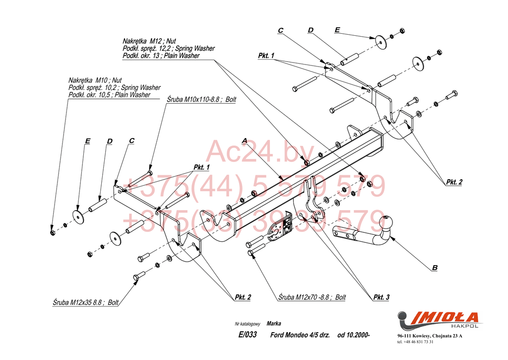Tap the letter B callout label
point(435,268)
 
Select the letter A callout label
point(244,141)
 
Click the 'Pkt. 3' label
point(381,297)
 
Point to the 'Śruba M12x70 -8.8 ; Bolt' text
point(312,297)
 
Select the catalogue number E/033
point(248,335)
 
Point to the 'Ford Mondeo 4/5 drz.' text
point(300,335)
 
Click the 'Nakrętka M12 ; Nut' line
point(149,41)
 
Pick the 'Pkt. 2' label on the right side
point(454,182)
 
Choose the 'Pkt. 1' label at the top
point(266,56)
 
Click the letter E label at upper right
point(337,30)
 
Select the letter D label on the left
point(110,142)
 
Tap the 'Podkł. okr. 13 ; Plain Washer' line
point(161,56)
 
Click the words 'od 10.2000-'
point(354,335)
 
